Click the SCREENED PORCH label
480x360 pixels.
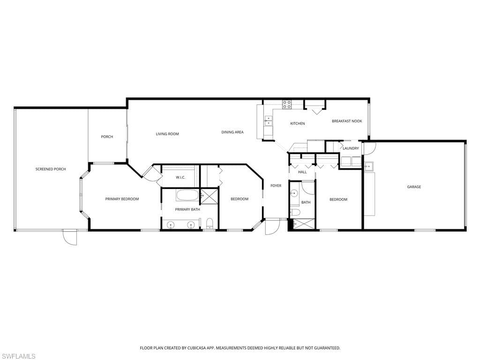[x=51, y=169]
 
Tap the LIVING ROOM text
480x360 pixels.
[x=167, y=134]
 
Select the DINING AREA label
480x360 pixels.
[x=232, y=132]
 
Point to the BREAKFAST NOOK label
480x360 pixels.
[x=347, y=121]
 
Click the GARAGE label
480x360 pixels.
[x=414, y=187]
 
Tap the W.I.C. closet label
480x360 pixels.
[x=181, y=177]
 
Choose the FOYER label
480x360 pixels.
[x=276, y=186]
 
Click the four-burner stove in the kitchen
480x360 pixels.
[x=286, y=104]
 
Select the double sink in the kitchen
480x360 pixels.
[x=269, y=121]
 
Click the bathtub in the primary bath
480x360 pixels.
[x=187, y=195]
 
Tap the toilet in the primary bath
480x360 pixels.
[x=210, y=222]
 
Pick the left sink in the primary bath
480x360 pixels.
[x=171, y=225]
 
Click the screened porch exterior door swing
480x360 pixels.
[x=70, y=238]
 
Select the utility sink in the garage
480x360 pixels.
[x=369, y=166]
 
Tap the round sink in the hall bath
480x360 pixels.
[x=294, y=193]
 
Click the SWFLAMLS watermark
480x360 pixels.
[x=18, y=356]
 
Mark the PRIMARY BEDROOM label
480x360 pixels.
[x=122, y=199]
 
